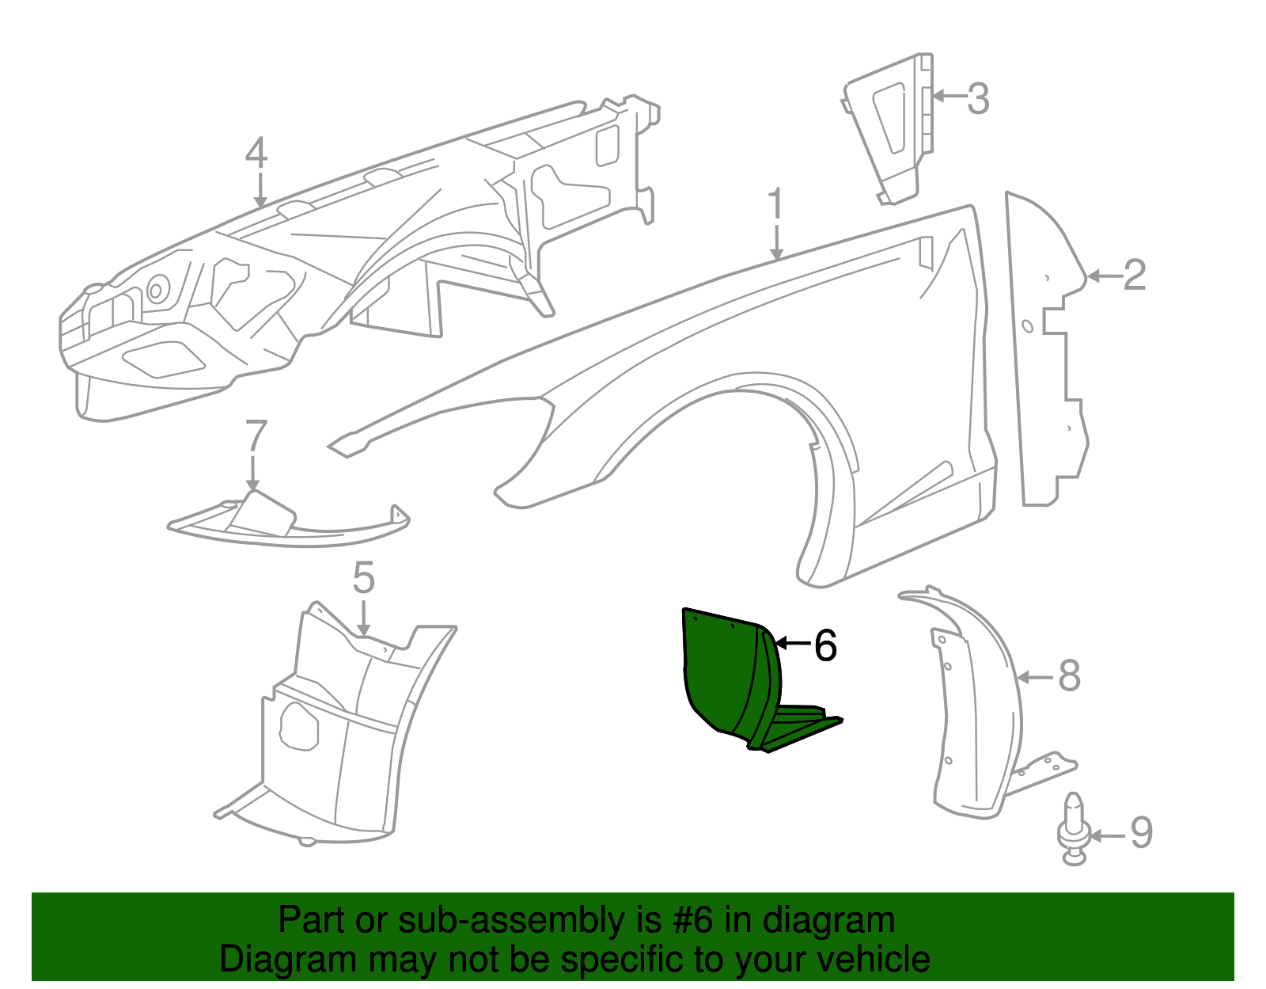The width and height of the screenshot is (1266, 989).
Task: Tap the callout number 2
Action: click(x=1135, y=275)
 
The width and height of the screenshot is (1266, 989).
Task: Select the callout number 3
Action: click(x=978, y=98)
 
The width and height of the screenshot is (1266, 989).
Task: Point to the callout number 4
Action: click(x=256, y=153)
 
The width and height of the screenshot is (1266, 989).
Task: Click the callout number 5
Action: click(x=363, y=577)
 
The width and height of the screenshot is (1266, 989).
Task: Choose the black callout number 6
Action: click(x=825, y=645)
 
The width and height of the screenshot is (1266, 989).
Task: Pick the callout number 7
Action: click(x=256, y=436)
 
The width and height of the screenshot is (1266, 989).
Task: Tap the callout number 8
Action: click(x=1069, y=676)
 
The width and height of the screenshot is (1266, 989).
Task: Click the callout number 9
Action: click(x=1141, y=833)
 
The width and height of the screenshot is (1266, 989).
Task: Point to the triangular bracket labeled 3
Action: click(x=889, y=128)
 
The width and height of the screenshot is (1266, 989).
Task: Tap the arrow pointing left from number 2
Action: click(x=1105, y=276)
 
